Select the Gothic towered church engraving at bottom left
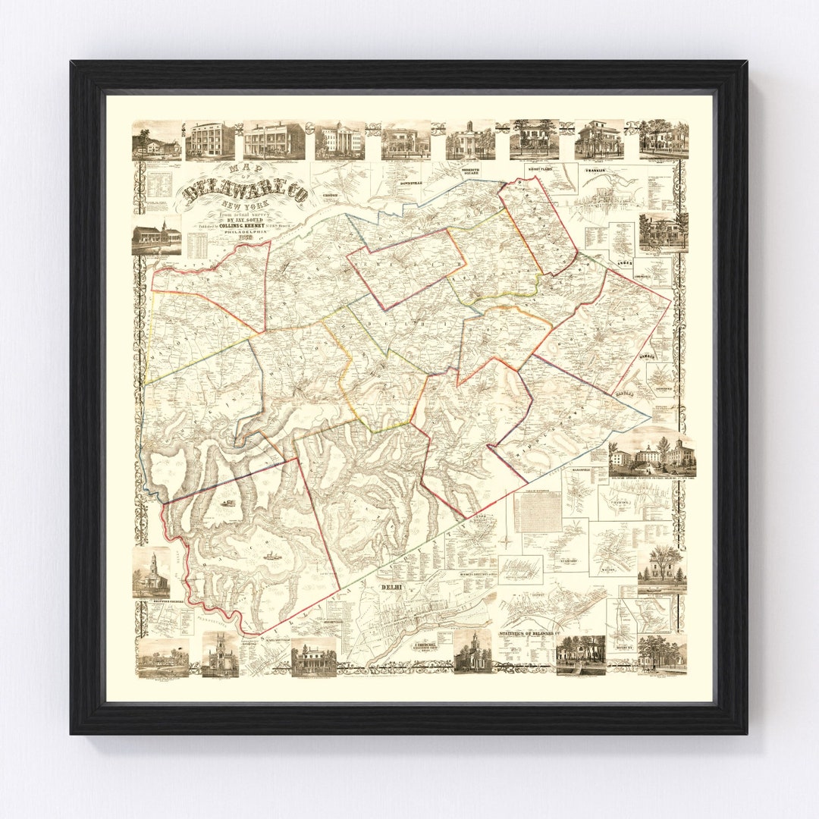tap(220, 654)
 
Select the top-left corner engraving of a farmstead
tap(157, 141)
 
